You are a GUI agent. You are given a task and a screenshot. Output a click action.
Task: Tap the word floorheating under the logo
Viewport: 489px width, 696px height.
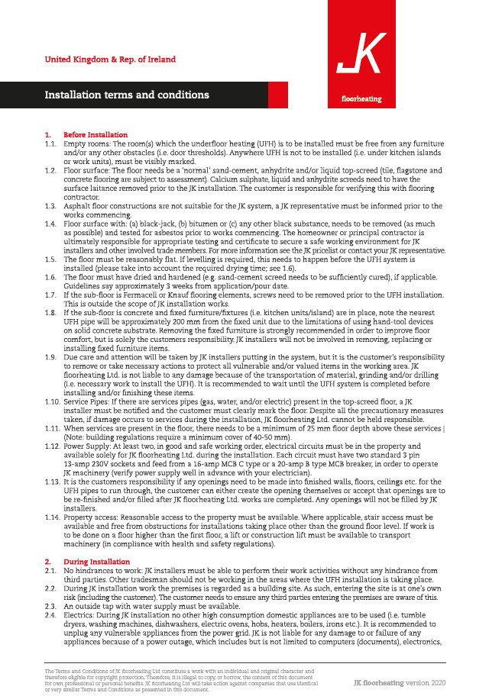pos(361,99)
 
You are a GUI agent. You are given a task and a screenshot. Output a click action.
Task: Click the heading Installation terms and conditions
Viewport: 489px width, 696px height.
pos(127,95)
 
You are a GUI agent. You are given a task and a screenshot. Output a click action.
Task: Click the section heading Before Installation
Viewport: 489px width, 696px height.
pos(96,135)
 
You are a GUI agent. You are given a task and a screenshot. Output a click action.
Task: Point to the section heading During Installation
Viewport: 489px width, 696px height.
pos(96,561)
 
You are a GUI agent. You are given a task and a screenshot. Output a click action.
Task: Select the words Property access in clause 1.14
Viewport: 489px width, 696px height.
pos(93,516)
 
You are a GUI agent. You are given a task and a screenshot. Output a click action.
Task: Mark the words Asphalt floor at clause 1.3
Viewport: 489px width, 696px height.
pos(88,207)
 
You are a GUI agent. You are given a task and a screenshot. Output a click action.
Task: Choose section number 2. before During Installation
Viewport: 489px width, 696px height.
pos(47,561)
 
